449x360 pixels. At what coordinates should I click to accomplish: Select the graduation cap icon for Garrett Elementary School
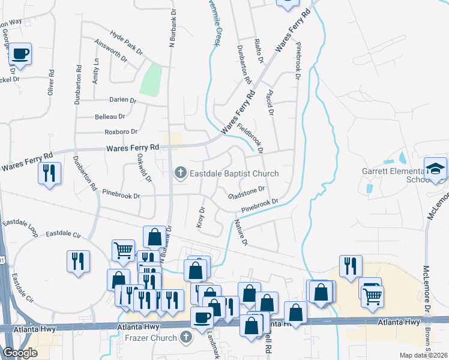[435, 168]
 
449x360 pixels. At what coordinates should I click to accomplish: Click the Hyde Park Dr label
[126, 41]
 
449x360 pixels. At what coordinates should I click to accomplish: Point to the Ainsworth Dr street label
[111, 50]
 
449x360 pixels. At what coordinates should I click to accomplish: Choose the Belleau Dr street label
[110, 116]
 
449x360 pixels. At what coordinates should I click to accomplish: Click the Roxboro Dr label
[121, 131]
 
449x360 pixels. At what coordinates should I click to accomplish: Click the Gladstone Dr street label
[247, 193]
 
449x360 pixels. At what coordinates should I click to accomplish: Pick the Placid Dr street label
[269, 103]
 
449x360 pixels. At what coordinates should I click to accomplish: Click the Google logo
[20, 353]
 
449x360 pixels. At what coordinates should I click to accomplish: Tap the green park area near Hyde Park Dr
[151, 79]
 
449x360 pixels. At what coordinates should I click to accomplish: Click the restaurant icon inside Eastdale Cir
[78, 261]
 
